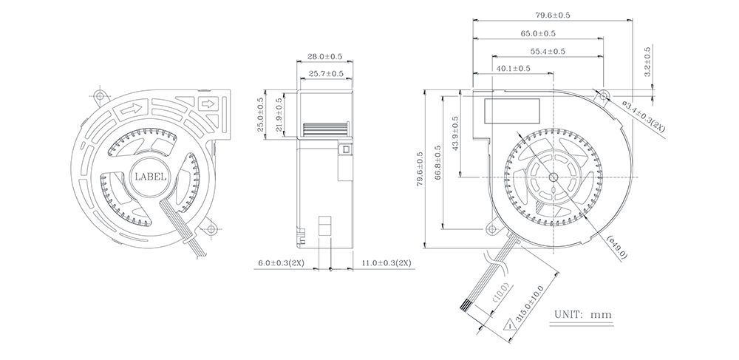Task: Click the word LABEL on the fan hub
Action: pos(150,177)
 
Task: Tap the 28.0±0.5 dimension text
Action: pos(324,56)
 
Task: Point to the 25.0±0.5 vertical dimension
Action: pos(261,115)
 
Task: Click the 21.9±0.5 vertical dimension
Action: pos(279,115)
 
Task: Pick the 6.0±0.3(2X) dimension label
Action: pos(280,262)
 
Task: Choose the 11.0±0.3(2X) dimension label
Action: pos(386,262)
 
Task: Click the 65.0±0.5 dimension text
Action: pos(538,33)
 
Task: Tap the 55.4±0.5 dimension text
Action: pos(548,51)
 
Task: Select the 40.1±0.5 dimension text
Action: pos(514,68)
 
